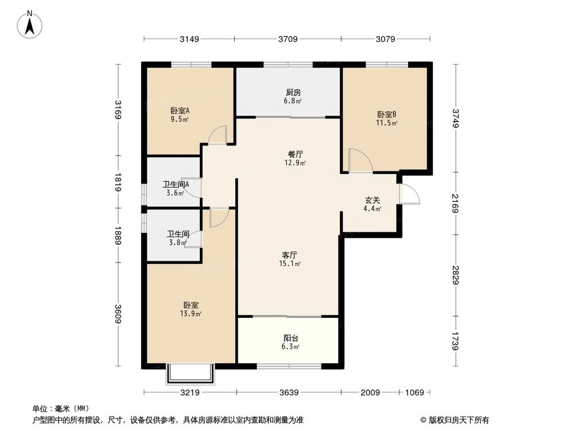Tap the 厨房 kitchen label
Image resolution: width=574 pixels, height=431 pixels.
pyautogui.click(x=293, y=92)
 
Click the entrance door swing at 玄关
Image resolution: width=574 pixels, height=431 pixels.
pyautogui.click(x=410, y=194)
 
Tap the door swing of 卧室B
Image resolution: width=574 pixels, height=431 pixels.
pyautogui.click(x=360, y=161)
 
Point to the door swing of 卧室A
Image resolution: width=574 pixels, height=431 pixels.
pyautogui.click(x=218, y=134)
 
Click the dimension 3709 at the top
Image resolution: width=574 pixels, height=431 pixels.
pyautogui.click(x=288, y=39)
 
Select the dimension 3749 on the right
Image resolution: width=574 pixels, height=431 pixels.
pyautogui.click(x=456, y=118)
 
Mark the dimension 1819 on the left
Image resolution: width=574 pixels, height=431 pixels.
pyautogui.click(x=118, y=182)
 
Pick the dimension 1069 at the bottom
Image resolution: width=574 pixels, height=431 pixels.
pyautogui.click(x=414, y=392)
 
